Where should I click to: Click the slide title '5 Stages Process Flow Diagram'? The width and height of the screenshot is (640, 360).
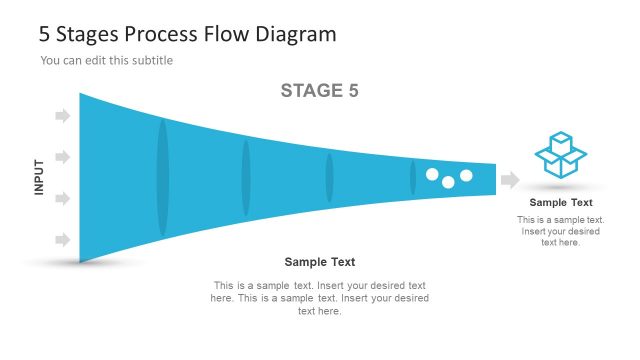[x=187, y=34]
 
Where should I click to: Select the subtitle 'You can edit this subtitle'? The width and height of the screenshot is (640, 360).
[x=107, y=61]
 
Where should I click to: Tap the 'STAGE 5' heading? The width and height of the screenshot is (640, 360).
[x=319, y=91]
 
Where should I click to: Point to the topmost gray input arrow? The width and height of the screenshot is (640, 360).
[x=63, y=117]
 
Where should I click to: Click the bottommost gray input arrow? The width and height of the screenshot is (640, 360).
[x=63, y=240]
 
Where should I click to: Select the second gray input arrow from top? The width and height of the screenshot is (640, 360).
[x=63, y=158]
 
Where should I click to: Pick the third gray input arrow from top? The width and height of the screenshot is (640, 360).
[x=63, y=199]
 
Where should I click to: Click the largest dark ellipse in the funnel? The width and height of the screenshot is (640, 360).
[x=163, y=178]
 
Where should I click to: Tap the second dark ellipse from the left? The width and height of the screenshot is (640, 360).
[x=246, y=178]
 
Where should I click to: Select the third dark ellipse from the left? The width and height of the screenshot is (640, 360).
[x=329, y=178]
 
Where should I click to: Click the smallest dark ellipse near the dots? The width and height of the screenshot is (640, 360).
[x=412, y=177]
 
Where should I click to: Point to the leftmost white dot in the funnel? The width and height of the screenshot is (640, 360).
[x=432, y=174]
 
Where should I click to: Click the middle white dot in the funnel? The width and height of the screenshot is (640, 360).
[x=449, y=182]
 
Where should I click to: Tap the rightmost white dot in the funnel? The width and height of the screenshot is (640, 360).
[x=466, y=176]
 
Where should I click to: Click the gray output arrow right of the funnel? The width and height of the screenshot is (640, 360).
[x=510, y=180]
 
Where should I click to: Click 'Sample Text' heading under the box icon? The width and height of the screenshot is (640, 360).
[x=561, y=203]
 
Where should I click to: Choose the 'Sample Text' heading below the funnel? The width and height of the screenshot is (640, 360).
[x=320, y=262]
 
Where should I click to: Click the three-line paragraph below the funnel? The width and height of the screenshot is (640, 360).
[x=320, y=298]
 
